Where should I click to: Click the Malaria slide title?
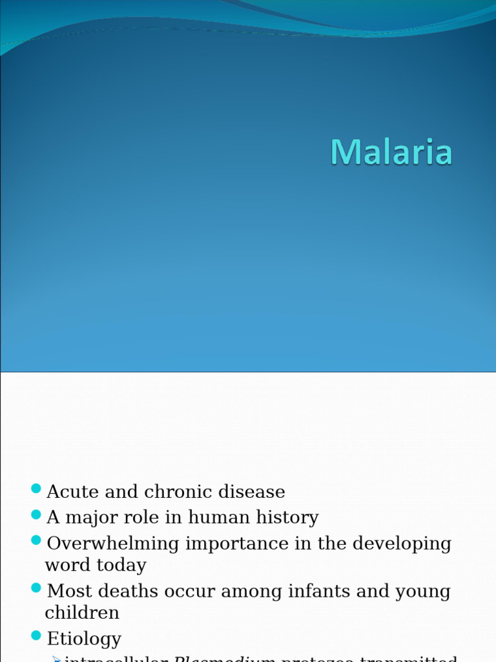point(391,153)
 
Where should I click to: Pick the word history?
point(287,518)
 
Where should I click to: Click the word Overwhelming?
point(114,544)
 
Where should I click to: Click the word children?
point(82,613)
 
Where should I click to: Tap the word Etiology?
point(84,639)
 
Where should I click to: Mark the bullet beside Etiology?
point(36,635)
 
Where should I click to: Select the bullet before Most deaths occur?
point(36,588)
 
